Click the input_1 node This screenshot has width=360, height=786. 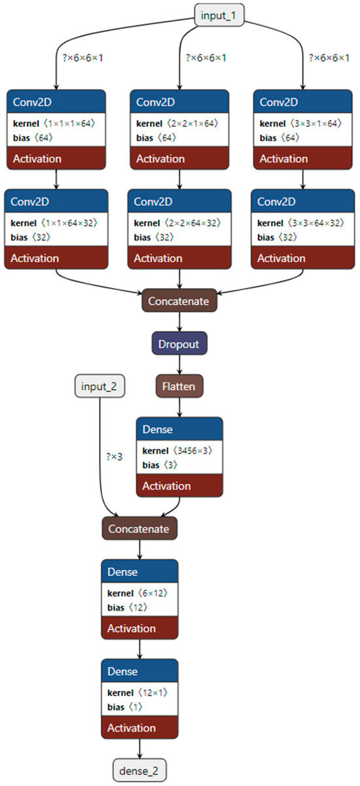tap(220, 15)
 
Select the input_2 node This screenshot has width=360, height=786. tap(99, 386)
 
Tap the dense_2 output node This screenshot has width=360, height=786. tap(139, 770)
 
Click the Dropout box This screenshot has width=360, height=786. tap(179, 343)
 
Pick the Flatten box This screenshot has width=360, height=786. tap(179, 386)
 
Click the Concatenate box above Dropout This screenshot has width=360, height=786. tap(179, 301)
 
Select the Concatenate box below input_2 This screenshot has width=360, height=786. tap(139, 528)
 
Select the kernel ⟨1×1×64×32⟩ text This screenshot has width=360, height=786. tap(55, 223)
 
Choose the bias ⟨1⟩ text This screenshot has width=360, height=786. tap(124, 707)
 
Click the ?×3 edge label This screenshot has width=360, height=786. tap(113, 457)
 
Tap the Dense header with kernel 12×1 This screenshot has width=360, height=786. tap(139, 671)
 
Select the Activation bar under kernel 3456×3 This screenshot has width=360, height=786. tap(179, 486)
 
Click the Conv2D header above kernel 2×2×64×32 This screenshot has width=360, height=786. tap(179, 201)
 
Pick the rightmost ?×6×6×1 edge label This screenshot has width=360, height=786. tap(329, 58)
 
